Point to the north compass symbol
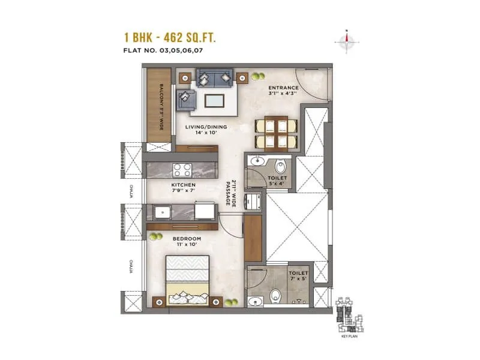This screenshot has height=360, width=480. (x=346, y=41)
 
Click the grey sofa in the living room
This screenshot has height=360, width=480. (x=214, y=79)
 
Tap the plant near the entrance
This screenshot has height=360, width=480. (x=258, y=77)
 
